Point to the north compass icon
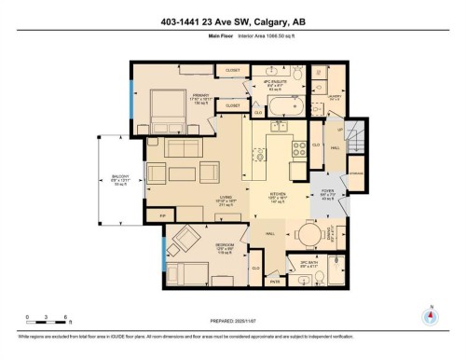[x=429, y=316]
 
